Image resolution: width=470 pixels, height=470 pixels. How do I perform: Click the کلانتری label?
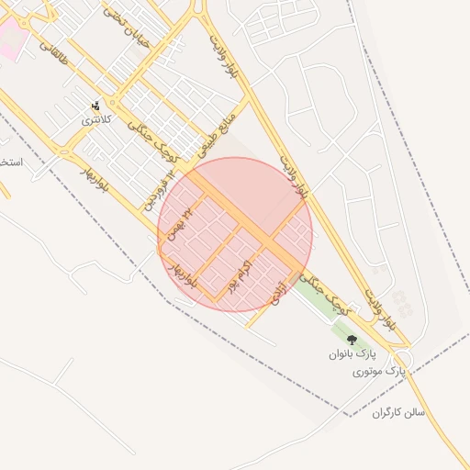click(x=96, y=119)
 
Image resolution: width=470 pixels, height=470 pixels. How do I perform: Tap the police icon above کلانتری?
click(x=96, y=106)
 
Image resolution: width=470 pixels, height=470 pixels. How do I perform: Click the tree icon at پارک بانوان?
click(x=352, y=340)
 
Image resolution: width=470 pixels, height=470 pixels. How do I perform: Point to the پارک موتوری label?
click(x=378, y=372)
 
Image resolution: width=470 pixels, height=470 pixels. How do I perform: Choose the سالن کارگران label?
click(x=398, y=413)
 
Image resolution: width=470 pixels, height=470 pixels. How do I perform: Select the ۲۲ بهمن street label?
click(x=179, y=223)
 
